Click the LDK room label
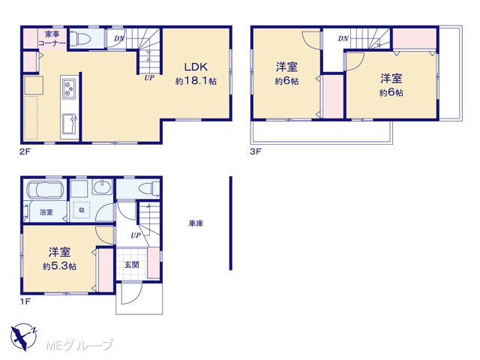click(x=196, y=67)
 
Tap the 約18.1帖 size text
click(x=196, y=81)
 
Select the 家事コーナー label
click(x=52, y=38)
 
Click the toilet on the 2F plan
click(x=80, y=39)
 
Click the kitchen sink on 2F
click(x=70, y=124)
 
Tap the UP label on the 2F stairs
click(x=149, y=78)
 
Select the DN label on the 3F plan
click(x=343, y=38)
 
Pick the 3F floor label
click(x=256, y=151)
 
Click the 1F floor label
click(x=25, y=301)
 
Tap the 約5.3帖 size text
click(x=59, y=266)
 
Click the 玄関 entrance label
click(x=132, y=265)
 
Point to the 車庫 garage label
click(x=196, y=223)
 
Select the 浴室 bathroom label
click(x=46, y=211)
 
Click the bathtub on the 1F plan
click(x=45, y=190)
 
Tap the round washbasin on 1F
click(x=103, y=187)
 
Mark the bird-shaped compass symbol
click(x=23, y=337)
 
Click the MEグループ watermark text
click(x=79, y=346)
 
